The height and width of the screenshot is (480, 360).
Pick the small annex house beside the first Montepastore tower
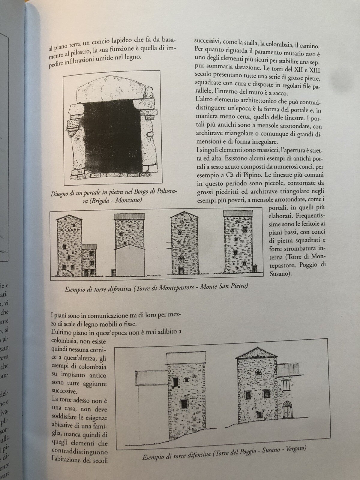(90, 259)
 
